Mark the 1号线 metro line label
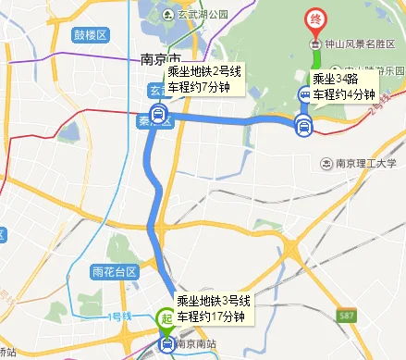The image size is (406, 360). [119, 317]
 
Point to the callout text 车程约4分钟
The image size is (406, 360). [343, 94]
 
